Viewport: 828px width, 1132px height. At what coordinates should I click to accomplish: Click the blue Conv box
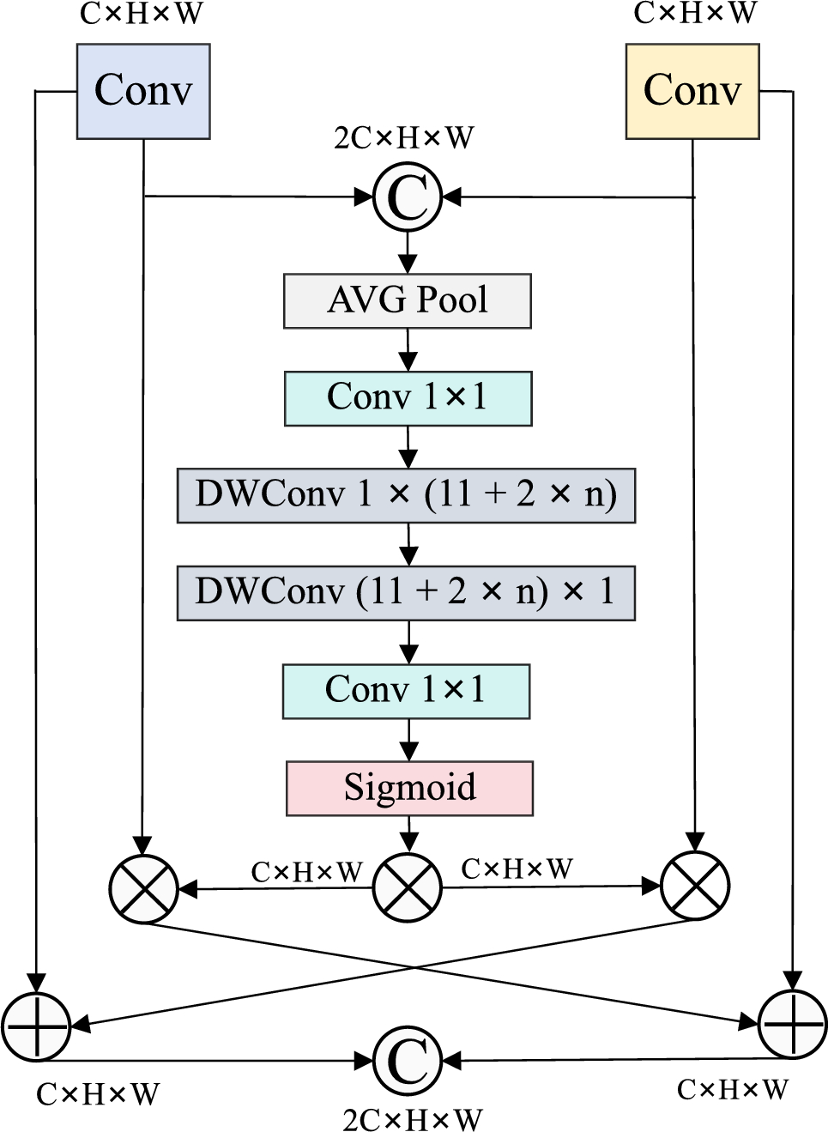143,91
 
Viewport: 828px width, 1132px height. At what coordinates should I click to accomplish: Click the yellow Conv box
692,91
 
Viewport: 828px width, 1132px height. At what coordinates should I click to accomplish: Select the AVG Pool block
408,300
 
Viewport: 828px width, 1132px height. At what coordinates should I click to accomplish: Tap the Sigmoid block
409,788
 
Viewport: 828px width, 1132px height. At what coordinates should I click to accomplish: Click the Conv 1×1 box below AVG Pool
408,398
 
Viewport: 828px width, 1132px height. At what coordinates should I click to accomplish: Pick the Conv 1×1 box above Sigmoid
406,691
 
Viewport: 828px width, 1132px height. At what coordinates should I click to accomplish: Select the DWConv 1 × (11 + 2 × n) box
406,495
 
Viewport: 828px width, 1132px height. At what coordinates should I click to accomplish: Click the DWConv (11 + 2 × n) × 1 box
406,592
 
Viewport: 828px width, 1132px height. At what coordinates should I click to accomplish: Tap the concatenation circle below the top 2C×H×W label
408,197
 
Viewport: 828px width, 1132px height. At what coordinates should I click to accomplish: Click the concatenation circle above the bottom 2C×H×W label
408,1061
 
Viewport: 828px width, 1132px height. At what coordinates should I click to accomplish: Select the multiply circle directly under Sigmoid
408,887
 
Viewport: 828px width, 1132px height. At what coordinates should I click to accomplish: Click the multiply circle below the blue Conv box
143,888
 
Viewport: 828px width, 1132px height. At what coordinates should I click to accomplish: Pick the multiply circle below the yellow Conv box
695,886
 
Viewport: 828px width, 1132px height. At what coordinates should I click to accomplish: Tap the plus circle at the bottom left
36,1026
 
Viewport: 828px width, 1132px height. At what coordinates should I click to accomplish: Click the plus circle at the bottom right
793,1024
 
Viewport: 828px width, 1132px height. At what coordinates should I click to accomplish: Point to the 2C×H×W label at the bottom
412,1119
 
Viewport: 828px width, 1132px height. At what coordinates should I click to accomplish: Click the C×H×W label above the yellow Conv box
695,13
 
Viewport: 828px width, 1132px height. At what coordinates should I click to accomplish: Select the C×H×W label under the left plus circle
97,1094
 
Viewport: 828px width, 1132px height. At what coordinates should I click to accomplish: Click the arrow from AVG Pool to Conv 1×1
408,349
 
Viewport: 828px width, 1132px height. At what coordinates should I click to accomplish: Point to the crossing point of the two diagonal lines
417,968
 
